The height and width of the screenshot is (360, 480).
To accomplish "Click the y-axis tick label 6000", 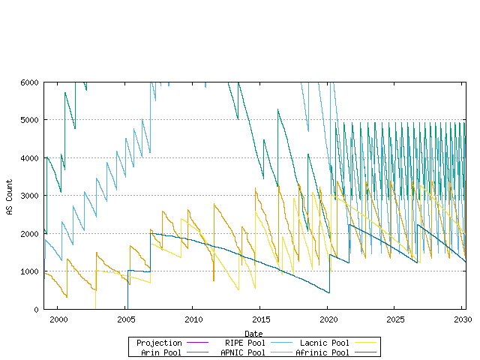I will [x=30, y=82].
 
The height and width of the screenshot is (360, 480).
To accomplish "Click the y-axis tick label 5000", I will [x=30, y=120].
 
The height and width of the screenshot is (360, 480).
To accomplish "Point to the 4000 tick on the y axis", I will [x=30, y=157].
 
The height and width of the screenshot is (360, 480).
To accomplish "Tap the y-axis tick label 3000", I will [x=30, y=196].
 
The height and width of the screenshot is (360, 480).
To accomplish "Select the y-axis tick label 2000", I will [x=30, y=233].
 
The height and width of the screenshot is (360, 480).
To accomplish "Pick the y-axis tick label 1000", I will [x=30, y=271].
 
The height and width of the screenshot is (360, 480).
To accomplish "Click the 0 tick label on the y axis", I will [x=37, y=309].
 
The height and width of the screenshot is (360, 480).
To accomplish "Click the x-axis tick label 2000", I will [x=58, y=319].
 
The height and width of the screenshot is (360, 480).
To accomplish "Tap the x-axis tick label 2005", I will [x=125, y=319].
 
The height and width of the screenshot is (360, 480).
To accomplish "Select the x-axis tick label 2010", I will [x=193, y=319].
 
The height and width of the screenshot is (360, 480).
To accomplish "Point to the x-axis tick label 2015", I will [x=260, y=319].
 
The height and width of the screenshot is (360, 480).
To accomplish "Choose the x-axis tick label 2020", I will [x=328, y=319].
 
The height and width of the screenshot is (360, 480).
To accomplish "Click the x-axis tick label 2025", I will [x=395, y=319].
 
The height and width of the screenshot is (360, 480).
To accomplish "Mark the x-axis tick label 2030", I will [x=463, y=319].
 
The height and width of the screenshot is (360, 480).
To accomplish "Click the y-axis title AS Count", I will [x=10, y=196].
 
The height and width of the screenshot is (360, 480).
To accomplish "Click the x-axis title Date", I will [x=253, y=333].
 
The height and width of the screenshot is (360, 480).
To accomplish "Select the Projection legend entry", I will [x=160, y=343].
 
